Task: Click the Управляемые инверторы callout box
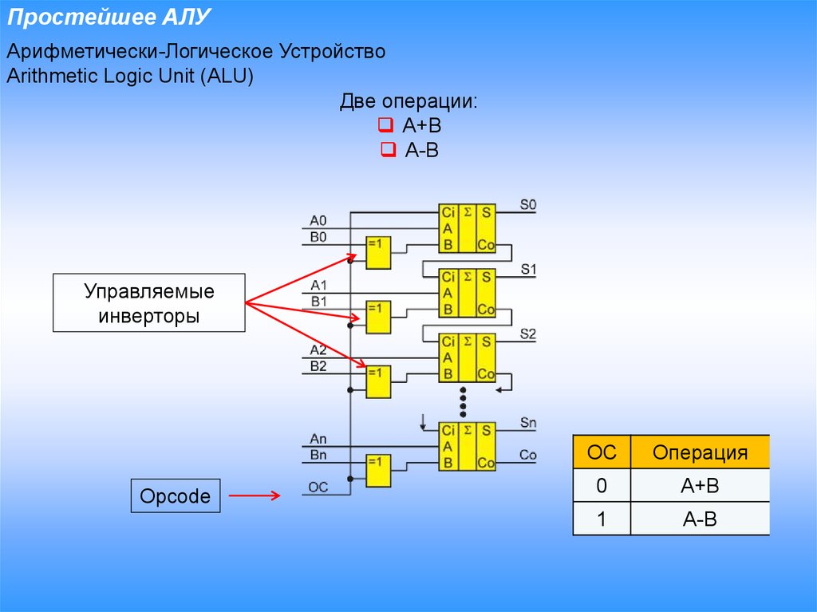click(149, 303)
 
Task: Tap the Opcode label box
click(176, 496)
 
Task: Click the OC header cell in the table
click(602, 452)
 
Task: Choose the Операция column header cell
click(700, 452)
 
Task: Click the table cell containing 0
click(602, 486)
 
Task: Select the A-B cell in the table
click(700, 519)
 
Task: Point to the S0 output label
click(528, 205)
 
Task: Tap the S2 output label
click(528, 333)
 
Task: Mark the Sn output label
click(528, 421)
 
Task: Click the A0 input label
click(318, 221)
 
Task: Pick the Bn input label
click(318, 455)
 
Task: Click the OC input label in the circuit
click(318, 488)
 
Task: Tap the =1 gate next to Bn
click(378, 471)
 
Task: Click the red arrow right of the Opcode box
click(255, 496)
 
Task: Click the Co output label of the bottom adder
click(528, 455)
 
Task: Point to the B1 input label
click(318, 302)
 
